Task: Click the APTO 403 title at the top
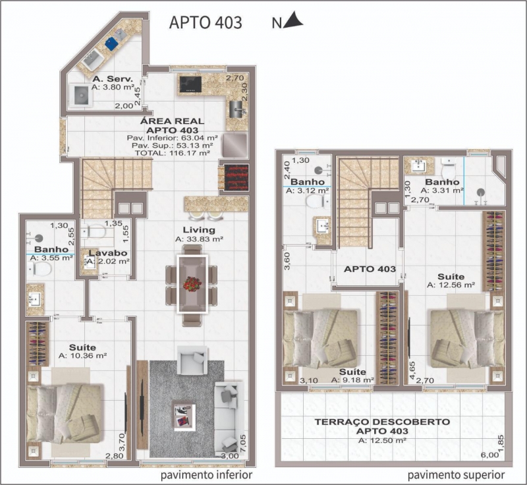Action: coord(206,22)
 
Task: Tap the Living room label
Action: coord(199,230)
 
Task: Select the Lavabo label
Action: coord(108,253)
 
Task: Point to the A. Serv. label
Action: coord(113,79)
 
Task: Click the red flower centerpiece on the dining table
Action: coord(192,283)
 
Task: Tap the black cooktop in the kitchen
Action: coord(190,84)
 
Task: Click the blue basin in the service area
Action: coord(111,43)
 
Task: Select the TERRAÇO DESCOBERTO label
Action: coord(382,422)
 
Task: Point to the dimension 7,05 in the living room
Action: coord(242,443)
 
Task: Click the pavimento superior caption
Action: coord(456,475)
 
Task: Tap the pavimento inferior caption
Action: coord(206,475)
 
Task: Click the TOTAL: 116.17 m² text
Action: coord(173,153)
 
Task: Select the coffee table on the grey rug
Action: coord(184,414)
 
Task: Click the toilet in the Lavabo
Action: coord(94,231)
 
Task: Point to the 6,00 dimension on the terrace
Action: coord(489,455)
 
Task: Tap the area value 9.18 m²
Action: coord(352,380)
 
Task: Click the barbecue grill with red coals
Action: coord(236,177)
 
